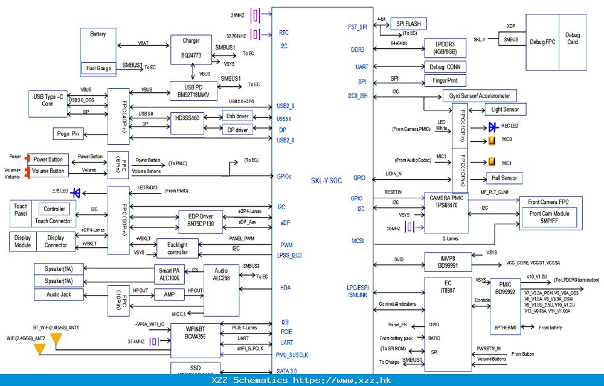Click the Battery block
pos(98,43)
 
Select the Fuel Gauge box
pos(98,68)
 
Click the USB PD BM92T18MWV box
pos(193,90)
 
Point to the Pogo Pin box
pos(68,134)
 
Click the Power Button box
pos(48,160)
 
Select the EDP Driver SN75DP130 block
pos(200,220)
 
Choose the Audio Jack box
pos(58,295)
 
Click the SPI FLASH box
pos(408,24)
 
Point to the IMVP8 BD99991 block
pos(448,261)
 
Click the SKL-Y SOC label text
pos(326,180)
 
